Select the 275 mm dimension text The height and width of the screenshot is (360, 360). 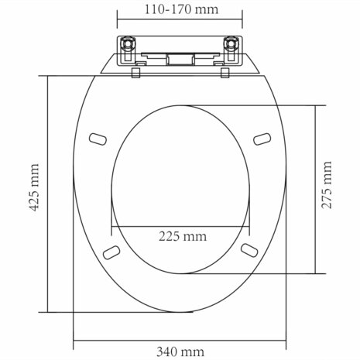tap(328, 188)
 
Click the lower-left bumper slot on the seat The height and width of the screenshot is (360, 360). tap(113, 252)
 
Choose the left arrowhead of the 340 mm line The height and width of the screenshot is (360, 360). tap(77, 341)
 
